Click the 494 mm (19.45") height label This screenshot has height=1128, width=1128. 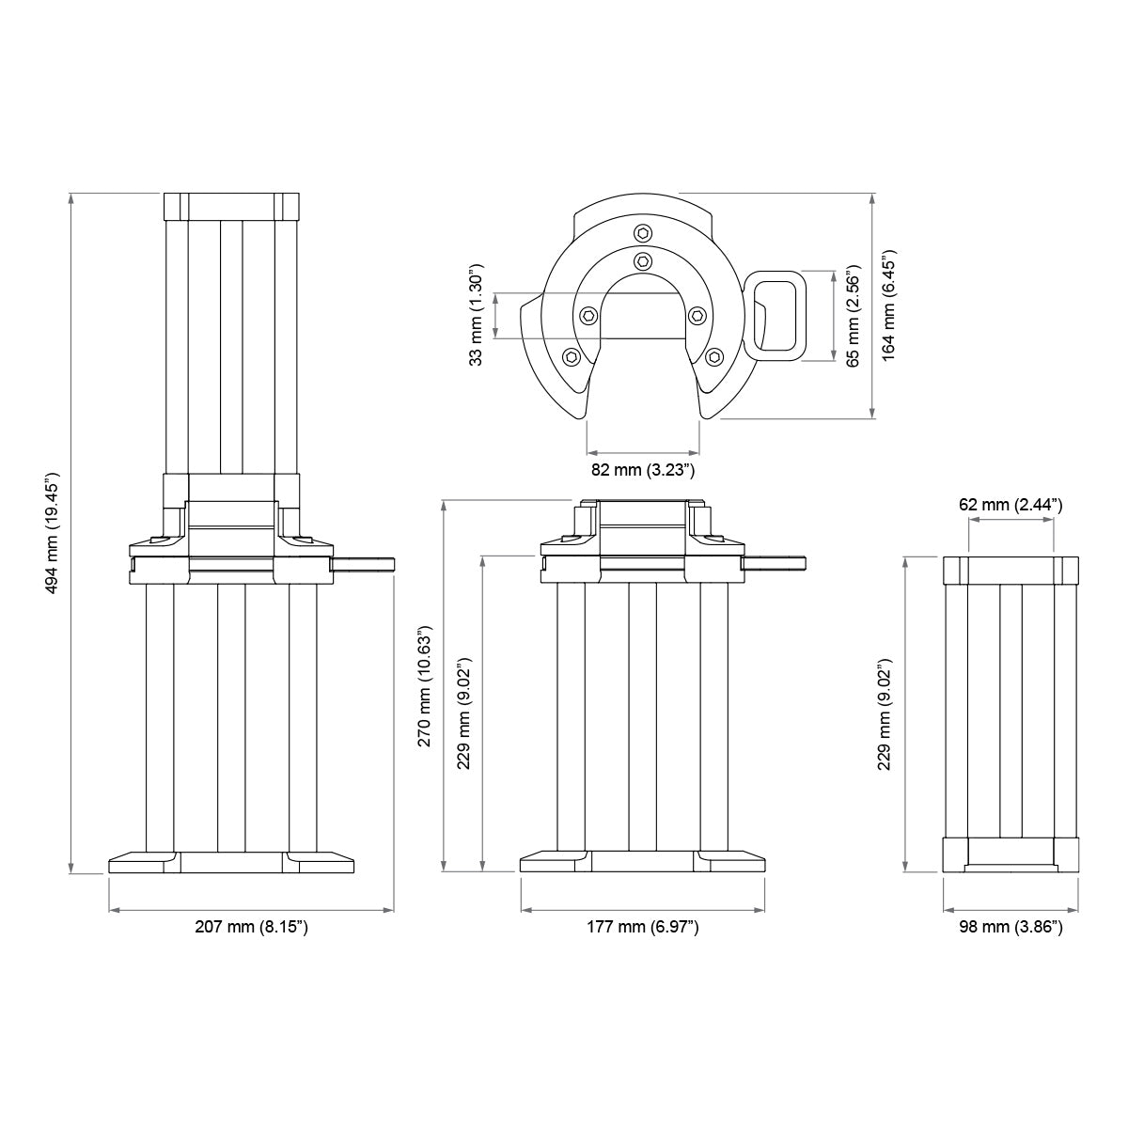point(51,532)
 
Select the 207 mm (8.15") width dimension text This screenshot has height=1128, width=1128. point(251,928)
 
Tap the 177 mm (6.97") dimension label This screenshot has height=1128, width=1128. point(643,928)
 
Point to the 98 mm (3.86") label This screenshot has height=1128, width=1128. point(1010,928)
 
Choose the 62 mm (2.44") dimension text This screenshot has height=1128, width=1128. point(1010,505)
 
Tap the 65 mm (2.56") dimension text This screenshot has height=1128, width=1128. point(854,315)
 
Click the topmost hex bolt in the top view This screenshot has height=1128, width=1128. point(643,233)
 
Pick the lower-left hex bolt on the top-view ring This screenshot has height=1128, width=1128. point(571,356)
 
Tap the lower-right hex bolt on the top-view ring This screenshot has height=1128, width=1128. point(714,356)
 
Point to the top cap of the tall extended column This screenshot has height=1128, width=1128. point(231,206)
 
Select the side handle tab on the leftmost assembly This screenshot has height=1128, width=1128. point(365,564)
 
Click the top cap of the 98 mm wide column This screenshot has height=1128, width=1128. point(1010,570)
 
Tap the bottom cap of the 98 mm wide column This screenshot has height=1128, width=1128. point(1010,854)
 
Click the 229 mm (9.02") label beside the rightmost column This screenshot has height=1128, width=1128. point(885,714)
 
